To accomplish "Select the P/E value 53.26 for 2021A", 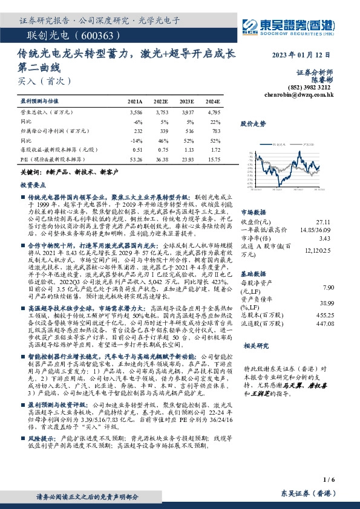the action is coord(137,160).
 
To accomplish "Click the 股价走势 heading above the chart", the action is coord(253,123).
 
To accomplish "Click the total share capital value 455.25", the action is coord(324,314).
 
